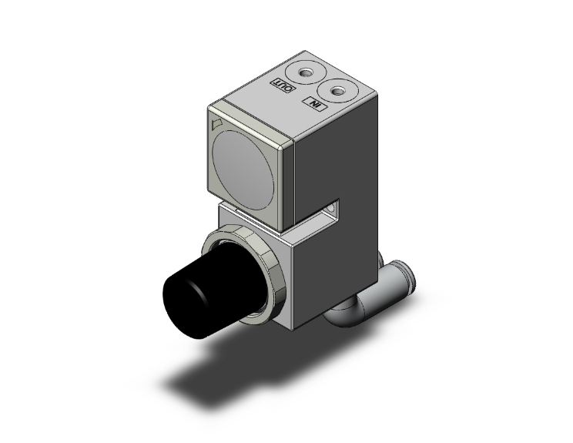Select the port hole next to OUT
click(307, 73)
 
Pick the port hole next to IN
click(337, 91)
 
